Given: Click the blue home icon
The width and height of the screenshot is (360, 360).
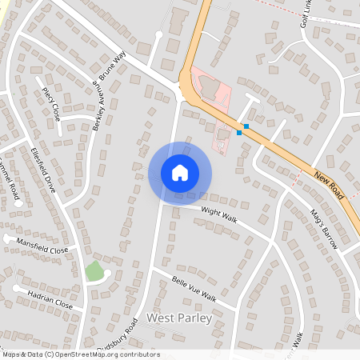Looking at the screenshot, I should tap(180, 173).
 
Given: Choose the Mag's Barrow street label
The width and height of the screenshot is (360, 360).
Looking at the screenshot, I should tap(325, 230).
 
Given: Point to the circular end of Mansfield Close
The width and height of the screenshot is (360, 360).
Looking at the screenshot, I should tap(7, 238).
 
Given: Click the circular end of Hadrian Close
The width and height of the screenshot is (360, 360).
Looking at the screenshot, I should tap(16, 287).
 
